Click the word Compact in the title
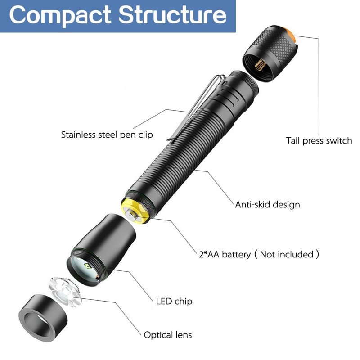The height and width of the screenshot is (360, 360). tap(60, 15)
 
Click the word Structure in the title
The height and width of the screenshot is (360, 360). tap(172, 14)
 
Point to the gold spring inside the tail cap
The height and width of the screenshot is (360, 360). tap(260, 65)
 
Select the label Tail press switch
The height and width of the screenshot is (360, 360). tap(319, 140)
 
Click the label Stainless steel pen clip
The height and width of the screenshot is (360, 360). tap(107, 135)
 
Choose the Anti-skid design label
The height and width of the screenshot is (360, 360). tap(267, 204)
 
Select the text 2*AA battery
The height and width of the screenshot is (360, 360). tap(225, 254)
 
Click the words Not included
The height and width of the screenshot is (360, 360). tap(287, 254)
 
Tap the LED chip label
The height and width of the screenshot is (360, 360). tap(174, 301)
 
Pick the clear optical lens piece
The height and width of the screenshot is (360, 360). tap(65, 292)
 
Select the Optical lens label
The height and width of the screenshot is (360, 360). tap(167, 335)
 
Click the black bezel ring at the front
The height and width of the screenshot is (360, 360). tap(43, 318)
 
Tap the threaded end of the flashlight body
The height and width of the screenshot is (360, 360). tap(244, 84)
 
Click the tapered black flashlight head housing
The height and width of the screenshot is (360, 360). tap(101, 250)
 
